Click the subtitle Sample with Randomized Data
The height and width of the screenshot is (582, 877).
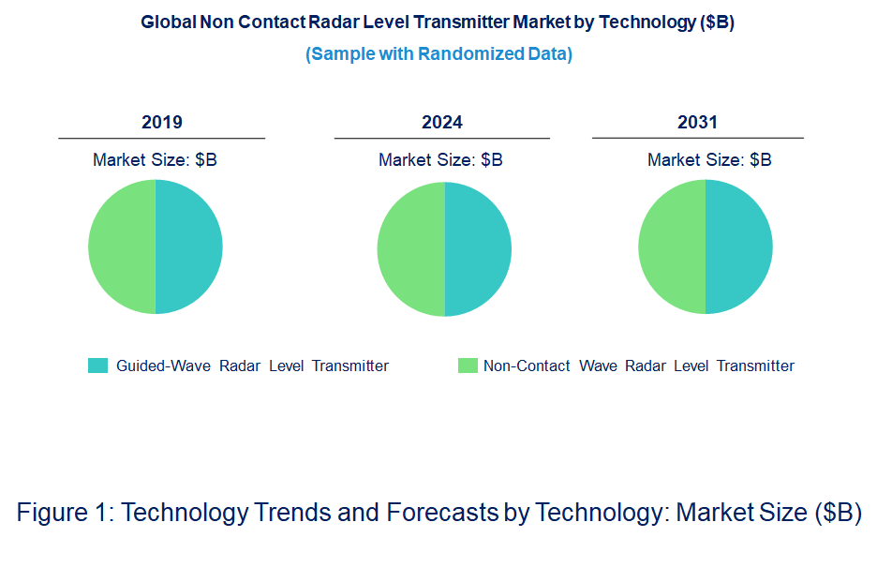click(438, 54)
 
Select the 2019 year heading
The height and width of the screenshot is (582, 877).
click(162, 123)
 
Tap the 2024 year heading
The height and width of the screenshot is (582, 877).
click(442, 123)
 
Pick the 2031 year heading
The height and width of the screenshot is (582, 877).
click(697, 123)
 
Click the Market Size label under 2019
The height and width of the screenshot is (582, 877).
click(155, 160)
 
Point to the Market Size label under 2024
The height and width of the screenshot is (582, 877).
click(440, 160)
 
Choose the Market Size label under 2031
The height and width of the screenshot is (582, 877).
click(709, 160)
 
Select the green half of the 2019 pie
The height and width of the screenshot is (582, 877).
click(122, 247)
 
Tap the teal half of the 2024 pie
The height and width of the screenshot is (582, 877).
click(478, 248)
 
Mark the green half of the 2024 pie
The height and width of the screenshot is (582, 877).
click(410, 248)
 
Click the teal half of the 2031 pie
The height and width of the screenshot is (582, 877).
click(739, 247)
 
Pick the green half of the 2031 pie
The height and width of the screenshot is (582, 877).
click(672, 247)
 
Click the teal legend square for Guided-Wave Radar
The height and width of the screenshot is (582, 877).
click(97, 366)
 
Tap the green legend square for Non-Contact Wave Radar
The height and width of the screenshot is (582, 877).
click(467, 366)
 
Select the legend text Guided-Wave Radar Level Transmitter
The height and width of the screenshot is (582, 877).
click(252, 366)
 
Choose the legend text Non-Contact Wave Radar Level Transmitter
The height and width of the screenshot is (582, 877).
click(638, 366)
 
